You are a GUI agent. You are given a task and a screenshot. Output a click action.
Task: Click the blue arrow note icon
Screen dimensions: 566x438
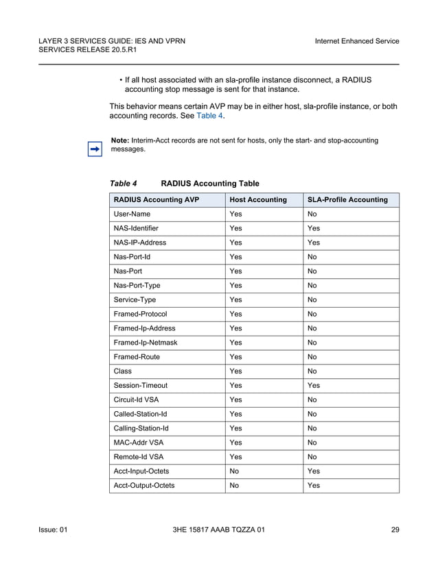coord(95,148)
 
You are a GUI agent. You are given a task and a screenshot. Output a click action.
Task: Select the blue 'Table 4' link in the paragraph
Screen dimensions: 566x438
coord(210,116)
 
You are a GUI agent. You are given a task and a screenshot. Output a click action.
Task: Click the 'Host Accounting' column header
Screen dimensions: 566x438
coord(258,200)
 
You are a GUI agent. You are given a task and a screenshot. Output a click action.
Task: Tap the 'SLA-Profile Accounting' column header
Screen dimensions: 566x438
coord(347,200)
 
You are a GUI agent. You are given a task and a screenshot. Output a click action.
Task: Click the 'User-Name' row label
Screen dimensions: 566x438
coord(132,214)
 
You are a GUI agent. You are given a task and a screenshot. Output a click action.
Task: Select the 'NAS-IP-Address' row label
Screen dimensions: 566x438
coord(140,243)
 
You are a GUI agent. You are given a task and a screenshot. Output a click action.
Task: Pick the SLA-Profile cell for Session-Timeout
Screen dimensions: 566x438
coord(314,385)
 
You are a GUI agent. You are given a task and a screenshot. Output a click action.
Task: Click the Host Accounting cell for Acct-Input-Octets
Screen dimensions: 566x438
coord(235,471)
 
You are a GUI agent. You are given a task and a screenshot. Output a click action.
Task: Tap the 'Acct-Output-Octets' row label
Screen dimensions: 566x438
coord(144,485)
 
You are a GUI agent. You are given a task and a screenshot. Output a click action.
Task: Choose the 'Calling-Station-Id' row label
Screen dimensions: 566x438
coord(141,428)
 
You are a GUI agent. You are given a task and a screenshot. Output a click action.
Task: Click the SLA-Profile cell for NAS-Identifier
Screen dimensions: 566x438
coord(314,228)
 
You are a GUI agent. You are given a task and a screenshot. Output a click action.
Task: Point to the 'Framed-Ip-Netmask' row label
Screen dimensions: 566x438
coord(143,343)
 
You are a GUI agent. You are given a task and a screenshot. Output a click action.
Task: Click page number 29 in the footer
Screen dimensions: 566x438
coord(395,530)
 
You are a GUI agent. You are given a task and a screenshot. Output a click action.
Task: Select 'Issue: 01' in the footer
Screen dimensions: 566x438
coord(53,530)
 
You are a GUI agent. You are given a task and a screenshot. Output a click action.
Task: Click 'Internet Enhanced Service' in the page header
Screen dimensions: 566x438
coord(356,41)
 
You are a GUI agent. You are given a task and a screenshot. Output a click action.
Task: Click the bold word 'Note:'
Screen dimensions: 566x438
coord(120,140)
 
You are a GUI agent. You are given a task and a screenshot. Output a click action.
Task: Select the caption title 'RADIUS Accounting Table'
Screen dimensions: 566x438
coord(210,184)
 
